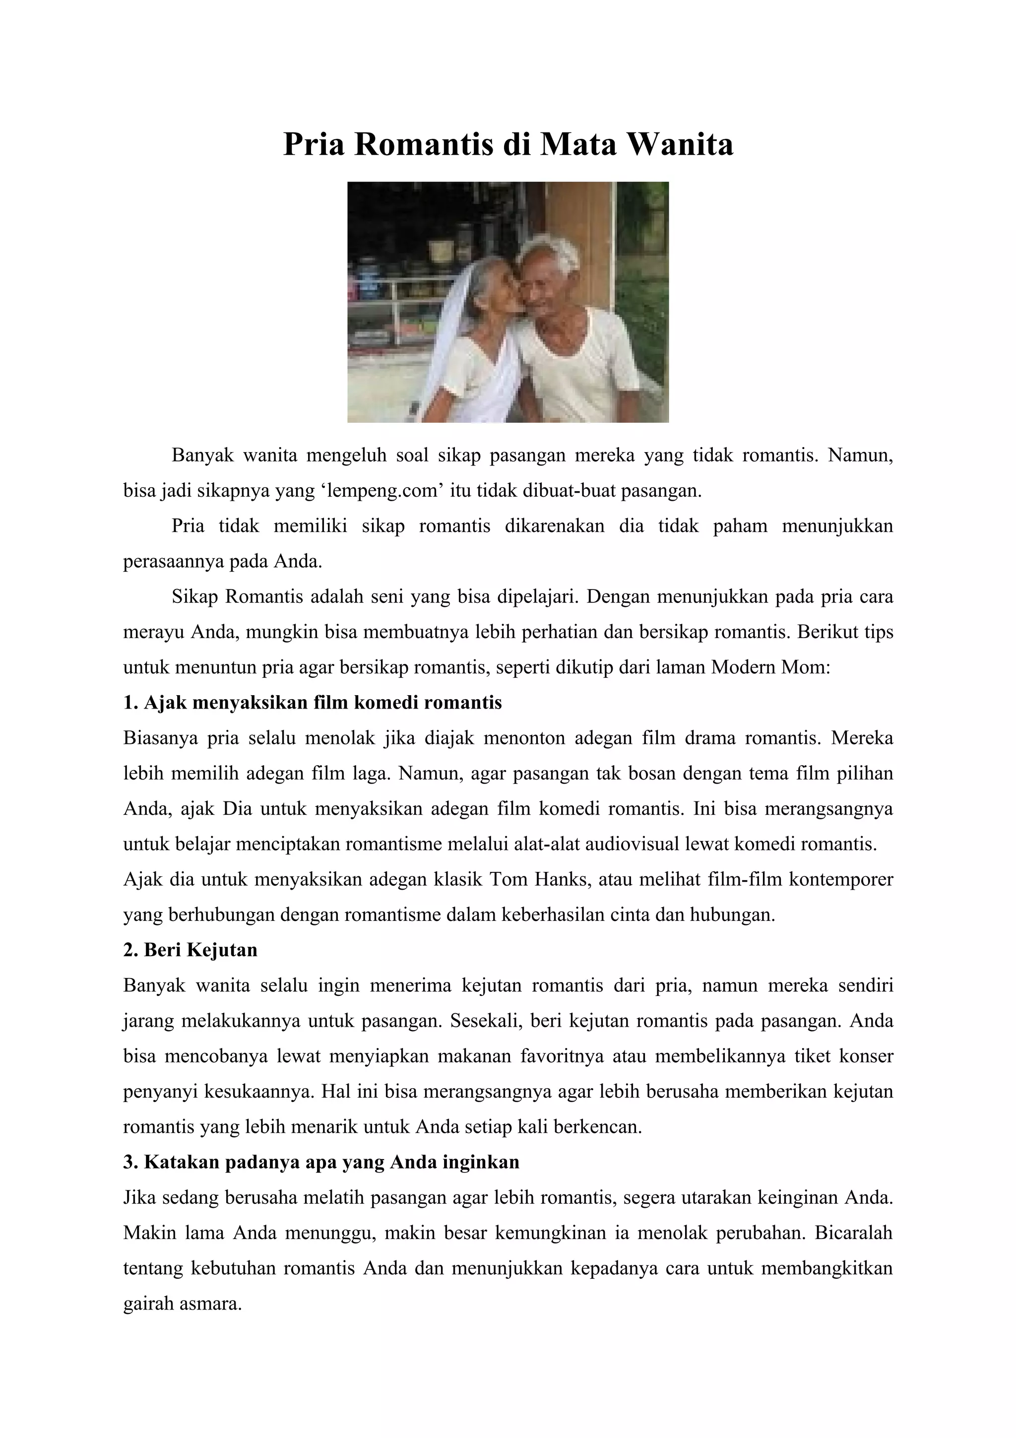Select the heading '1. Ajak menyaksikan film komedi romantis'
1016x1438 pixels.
313,703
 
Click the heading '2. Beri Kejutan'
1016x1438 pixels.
190,950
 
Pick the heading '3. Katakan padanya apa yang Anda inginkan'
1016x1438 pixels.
321,1163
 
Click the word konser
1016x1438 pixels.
865,1056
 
